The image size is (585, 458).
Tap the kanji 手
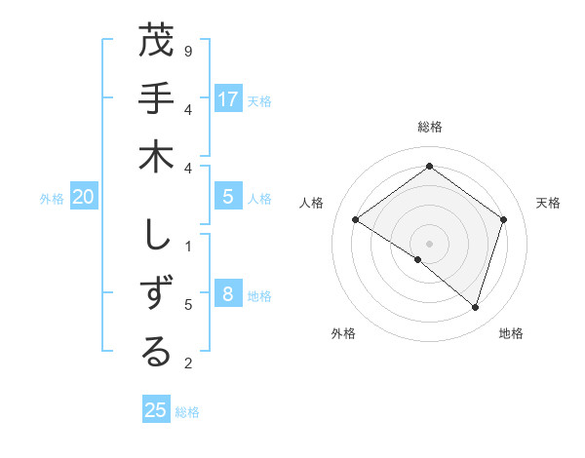pyautogui.click(x=156, y=99)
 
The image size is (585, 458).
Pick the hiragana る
pyautogui.click(x=156, y=353)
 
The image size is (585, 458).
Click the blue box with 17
pyautogui.click(x=228, y=98)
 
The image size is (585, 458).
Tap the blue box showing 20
pyautogui.click(x=83, y=197)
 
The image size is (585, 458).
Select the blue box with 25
pyautogui.click(x=156, y=410)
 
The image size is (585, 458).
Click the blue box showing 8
pyautogui.click(x=228, y=294)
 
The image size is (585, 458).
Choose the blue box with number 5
pyautogui.click(x=228, y=197)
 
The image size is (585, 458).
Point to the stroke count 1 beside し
pyautogui.click(x=188, y=245)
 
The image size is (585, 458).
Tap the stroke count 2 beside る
pyautogui.click(x=188, y=363)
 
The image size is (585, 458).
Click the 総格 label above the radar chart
pyautogui.click(x=430, y=127)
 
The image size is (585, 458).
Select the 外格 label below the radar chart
pyautogui.click(x=343, y=333)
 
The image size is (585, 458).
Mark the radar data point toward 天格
pyautogui.click(x=504, y=219)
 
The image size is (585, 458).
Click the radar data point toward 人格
pyautogui.click(x=356, y=220)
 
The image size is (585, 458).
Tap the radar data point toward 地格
pyautogui.click(x=475, y=307)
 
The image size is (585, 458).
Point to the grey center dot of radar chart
pyautogui.click(x=430, y=243)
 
